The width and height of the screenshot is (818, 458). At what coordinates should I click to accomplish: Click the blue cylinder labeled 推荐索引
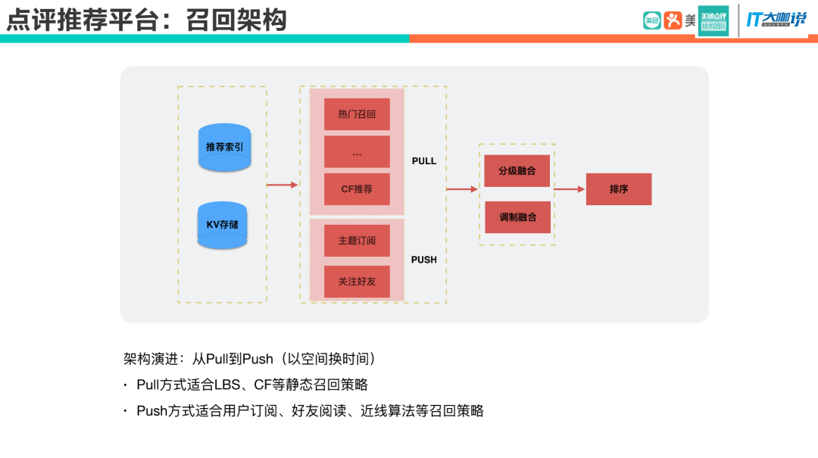pos(224,147)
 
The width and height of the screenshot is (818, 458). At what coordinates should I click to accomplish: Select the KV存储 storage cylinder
pos(222,225)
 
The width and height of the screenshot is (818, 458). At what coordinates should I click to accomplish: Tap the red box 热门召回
pos(357,114)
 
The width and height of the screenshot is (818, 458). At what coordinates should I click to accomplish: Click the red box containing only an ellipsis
pos(357,152)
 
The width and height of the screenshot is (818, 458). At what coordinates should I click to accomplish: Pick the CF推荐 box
pos(357,189)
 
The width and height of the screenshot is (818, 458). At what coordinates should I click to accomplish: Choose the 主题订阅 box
pos(357,241)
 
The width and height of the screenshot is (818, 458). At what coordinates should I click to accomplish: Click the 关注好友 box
pos(357,281)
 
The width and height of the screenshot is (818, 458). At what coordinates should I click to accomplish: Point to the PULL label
pos(424,161)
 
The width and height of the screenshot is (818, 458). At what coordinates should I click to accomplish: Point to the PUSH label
pos(424,260)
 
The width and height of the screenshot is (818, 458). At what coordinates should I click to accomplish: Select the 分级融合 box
pos(517,171)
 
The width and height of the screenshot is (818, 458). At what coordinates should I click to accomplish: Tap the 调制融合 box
pos(517,217)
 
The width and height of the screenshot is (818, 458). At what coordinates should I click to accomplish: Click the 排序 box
pos(619,189)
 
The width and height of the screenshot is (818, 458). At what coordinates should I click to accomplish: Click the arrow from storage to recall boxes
pos(283,185)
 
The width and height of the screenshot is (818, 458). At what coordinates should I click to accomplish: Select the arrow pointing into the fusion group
pos(462,189)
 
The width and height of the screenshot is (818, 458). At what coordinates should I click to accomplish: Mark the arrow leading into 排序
pos(570,189)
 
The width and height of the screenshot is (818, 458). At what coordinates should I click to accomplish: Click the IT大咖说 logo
pos(776,20)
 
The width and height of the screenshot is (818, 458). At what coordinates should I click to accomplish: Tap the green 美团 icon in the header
pos(651,20)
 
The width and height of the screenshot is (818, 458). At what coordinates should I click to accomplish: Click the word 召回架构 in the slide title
pos(236,19)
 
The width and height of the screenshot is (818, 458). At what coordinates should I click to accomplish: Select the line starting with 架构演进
pos(250,359)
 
